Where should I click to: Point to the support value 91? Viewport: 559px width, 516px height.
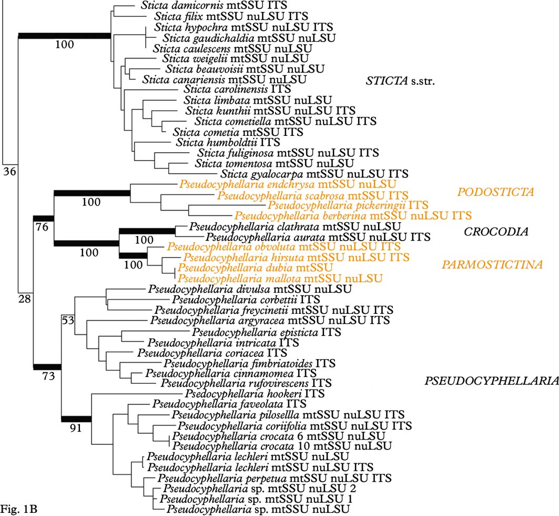76,428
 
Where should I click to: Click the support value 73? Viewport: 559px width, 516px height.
47,375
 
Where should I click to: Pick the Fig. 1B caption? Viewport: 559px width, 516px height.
18,509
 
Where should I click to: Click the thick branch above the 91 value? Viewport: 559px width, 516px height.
77,419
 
